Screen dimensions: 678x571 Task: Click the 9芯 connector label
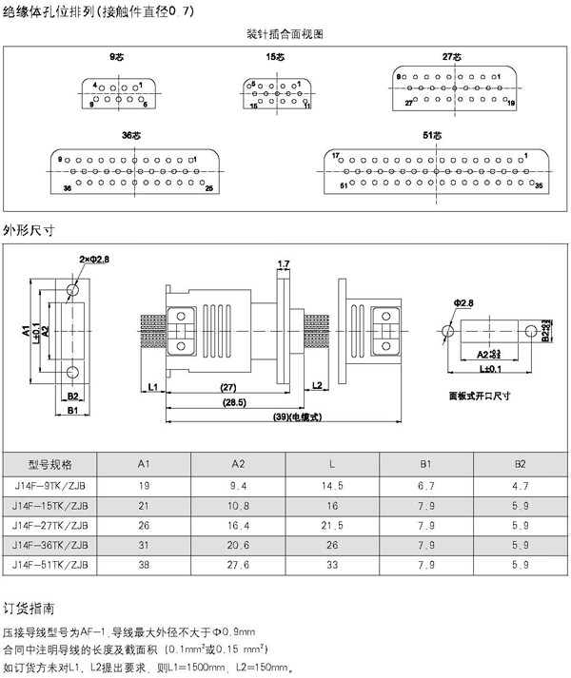click(x=117, y=57)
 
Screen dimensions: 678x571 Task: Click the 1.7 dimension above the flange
click(x=284, y=263)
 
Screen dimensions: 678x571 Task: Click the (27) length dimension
click(x=228, y=388)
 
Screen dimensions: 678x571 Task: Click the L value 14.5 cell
click(x=332, y=485)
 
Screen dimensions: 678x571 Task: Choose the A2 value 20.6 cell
click(x=239, y=544)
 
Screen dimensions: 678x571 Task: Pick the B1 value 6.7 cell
click(x=426, y=485)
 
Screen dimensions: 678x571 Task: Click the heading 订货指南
click(x=30, y=606)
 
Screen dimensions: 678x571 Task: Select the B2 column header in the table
click(x=520, y=465)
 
